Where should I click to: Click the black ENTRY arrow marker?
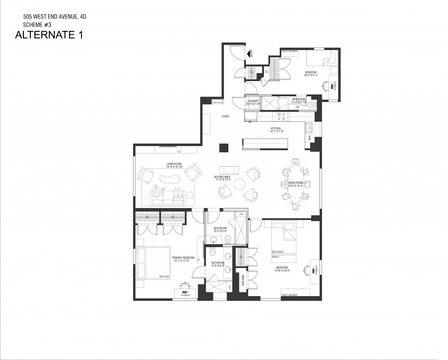(x=248, y=53)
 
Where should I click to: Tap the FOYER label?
(x=225, y=117)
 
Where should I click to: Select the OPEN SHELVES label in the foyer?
(x=218, y=103)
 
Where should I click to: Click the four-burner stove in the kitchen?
(x=281, y=116)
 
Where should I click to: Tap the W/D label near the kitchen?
(x=309, y=137)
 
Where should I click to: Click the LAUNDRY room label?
(x=253, y=101)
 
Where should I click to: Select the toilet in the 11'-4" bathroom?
(x=312, y=105)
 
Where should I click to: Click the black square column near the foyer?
(x=224, y=148)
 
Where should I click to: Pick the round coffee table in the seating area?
(x=239, y=184)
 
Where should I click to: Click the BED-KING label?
(x=164, y=277)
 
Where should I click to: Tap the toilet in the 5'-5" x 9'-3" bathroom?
(x=213, y=253)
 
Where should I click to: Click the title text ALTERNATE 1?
(x=49, y=35)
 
